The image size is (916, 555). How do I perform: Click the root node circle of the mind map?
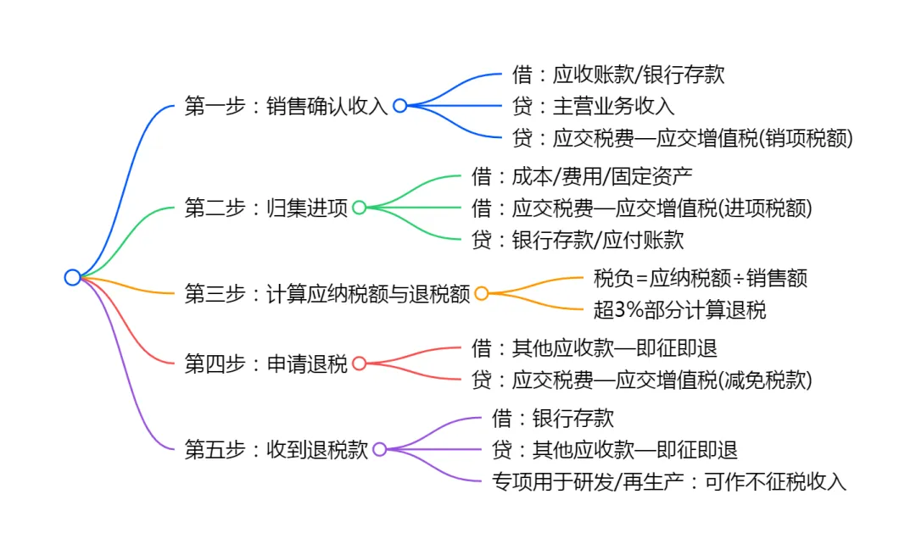[x=72, y=277]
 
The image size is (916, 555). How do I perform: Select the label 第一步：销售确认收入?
[x=286, y=107]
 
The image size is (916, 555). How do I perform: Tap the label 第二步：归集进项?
[x=265, y=208]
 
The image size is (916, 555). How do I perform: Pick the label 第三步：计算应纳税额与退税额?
[x=327, y=294]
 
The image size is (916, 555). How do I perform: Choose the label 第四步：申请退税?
[x=265, y=364]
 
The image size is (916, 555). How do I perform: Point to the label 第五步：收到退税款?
[x=276, y=450]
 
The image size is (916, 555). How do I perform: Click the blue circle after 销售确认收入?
[x=399, y=106]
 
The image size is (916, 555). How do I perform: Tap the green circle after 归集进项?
[x=359, y=208]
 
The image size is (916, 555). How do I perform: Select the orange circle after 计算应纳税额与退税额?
[x=481, y=294]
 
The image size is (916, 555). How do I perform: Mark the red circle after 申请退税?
[x=359, y=364]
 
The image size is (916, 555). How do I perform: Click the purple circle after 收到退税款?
[x=379, y=449]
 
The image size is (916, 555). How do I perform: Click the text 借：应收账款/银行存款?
[x=618, y=75]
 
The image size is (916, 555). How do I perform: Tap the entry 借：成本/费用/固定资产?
[x=582, y=176]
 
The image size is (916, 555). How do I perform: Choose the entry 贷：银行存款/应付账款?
[x=578, y=241]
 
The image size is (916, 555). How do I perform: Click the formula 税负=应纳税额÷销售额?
[x=701, y=278]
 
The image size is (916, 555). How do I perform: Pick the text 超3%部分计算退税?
[x=679, y=310]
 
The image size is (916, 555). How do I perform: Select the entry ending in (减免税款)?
[x=642, y=380]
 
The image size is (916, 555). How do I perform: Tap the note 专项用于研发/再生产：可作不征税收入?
[x=669, y=482]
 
